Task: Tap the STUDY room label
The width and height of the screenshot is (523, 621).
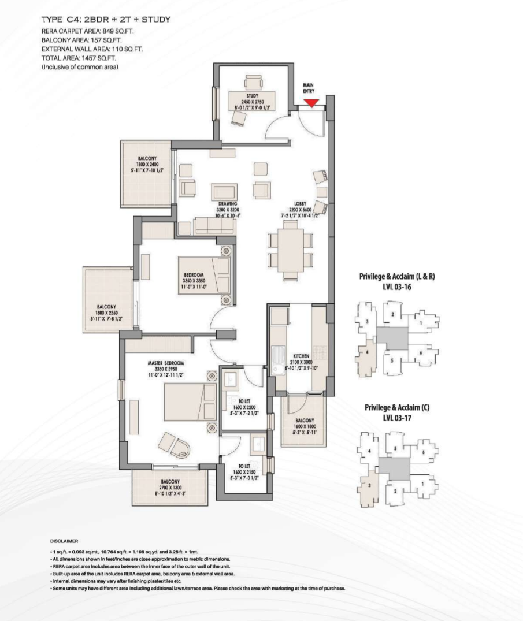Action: (x=251, y=95)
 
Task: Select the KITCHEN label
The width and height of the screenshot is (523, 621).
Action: (x=302, y=356)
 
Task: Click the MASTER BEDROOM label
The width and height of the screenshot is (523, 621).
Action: (x=165, y=363)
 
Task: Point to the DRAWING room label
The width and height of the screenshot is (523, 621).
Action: (x=227, y=203)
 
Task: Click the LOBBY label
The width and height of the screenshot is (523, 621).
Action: (x=299, y=203)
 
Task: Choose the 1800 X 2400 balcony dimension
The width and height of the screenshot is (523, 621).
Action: (x=147, y=164)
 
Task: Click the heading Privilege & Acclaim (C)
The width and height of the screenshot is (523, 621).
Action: (x=397, y=407)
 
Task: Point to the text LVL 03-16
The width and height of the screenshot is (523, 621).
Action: (x=396, y=286)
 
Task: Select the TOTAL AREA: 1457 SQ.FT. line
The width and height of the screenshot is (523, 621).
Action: (x=78, y=58)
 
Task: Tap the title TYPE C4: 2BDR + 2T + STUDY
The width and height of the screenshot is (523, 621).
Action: (x=106, y=20)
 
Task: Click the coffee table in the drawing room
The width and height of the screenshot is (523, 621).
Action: (x=224, y=192)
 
